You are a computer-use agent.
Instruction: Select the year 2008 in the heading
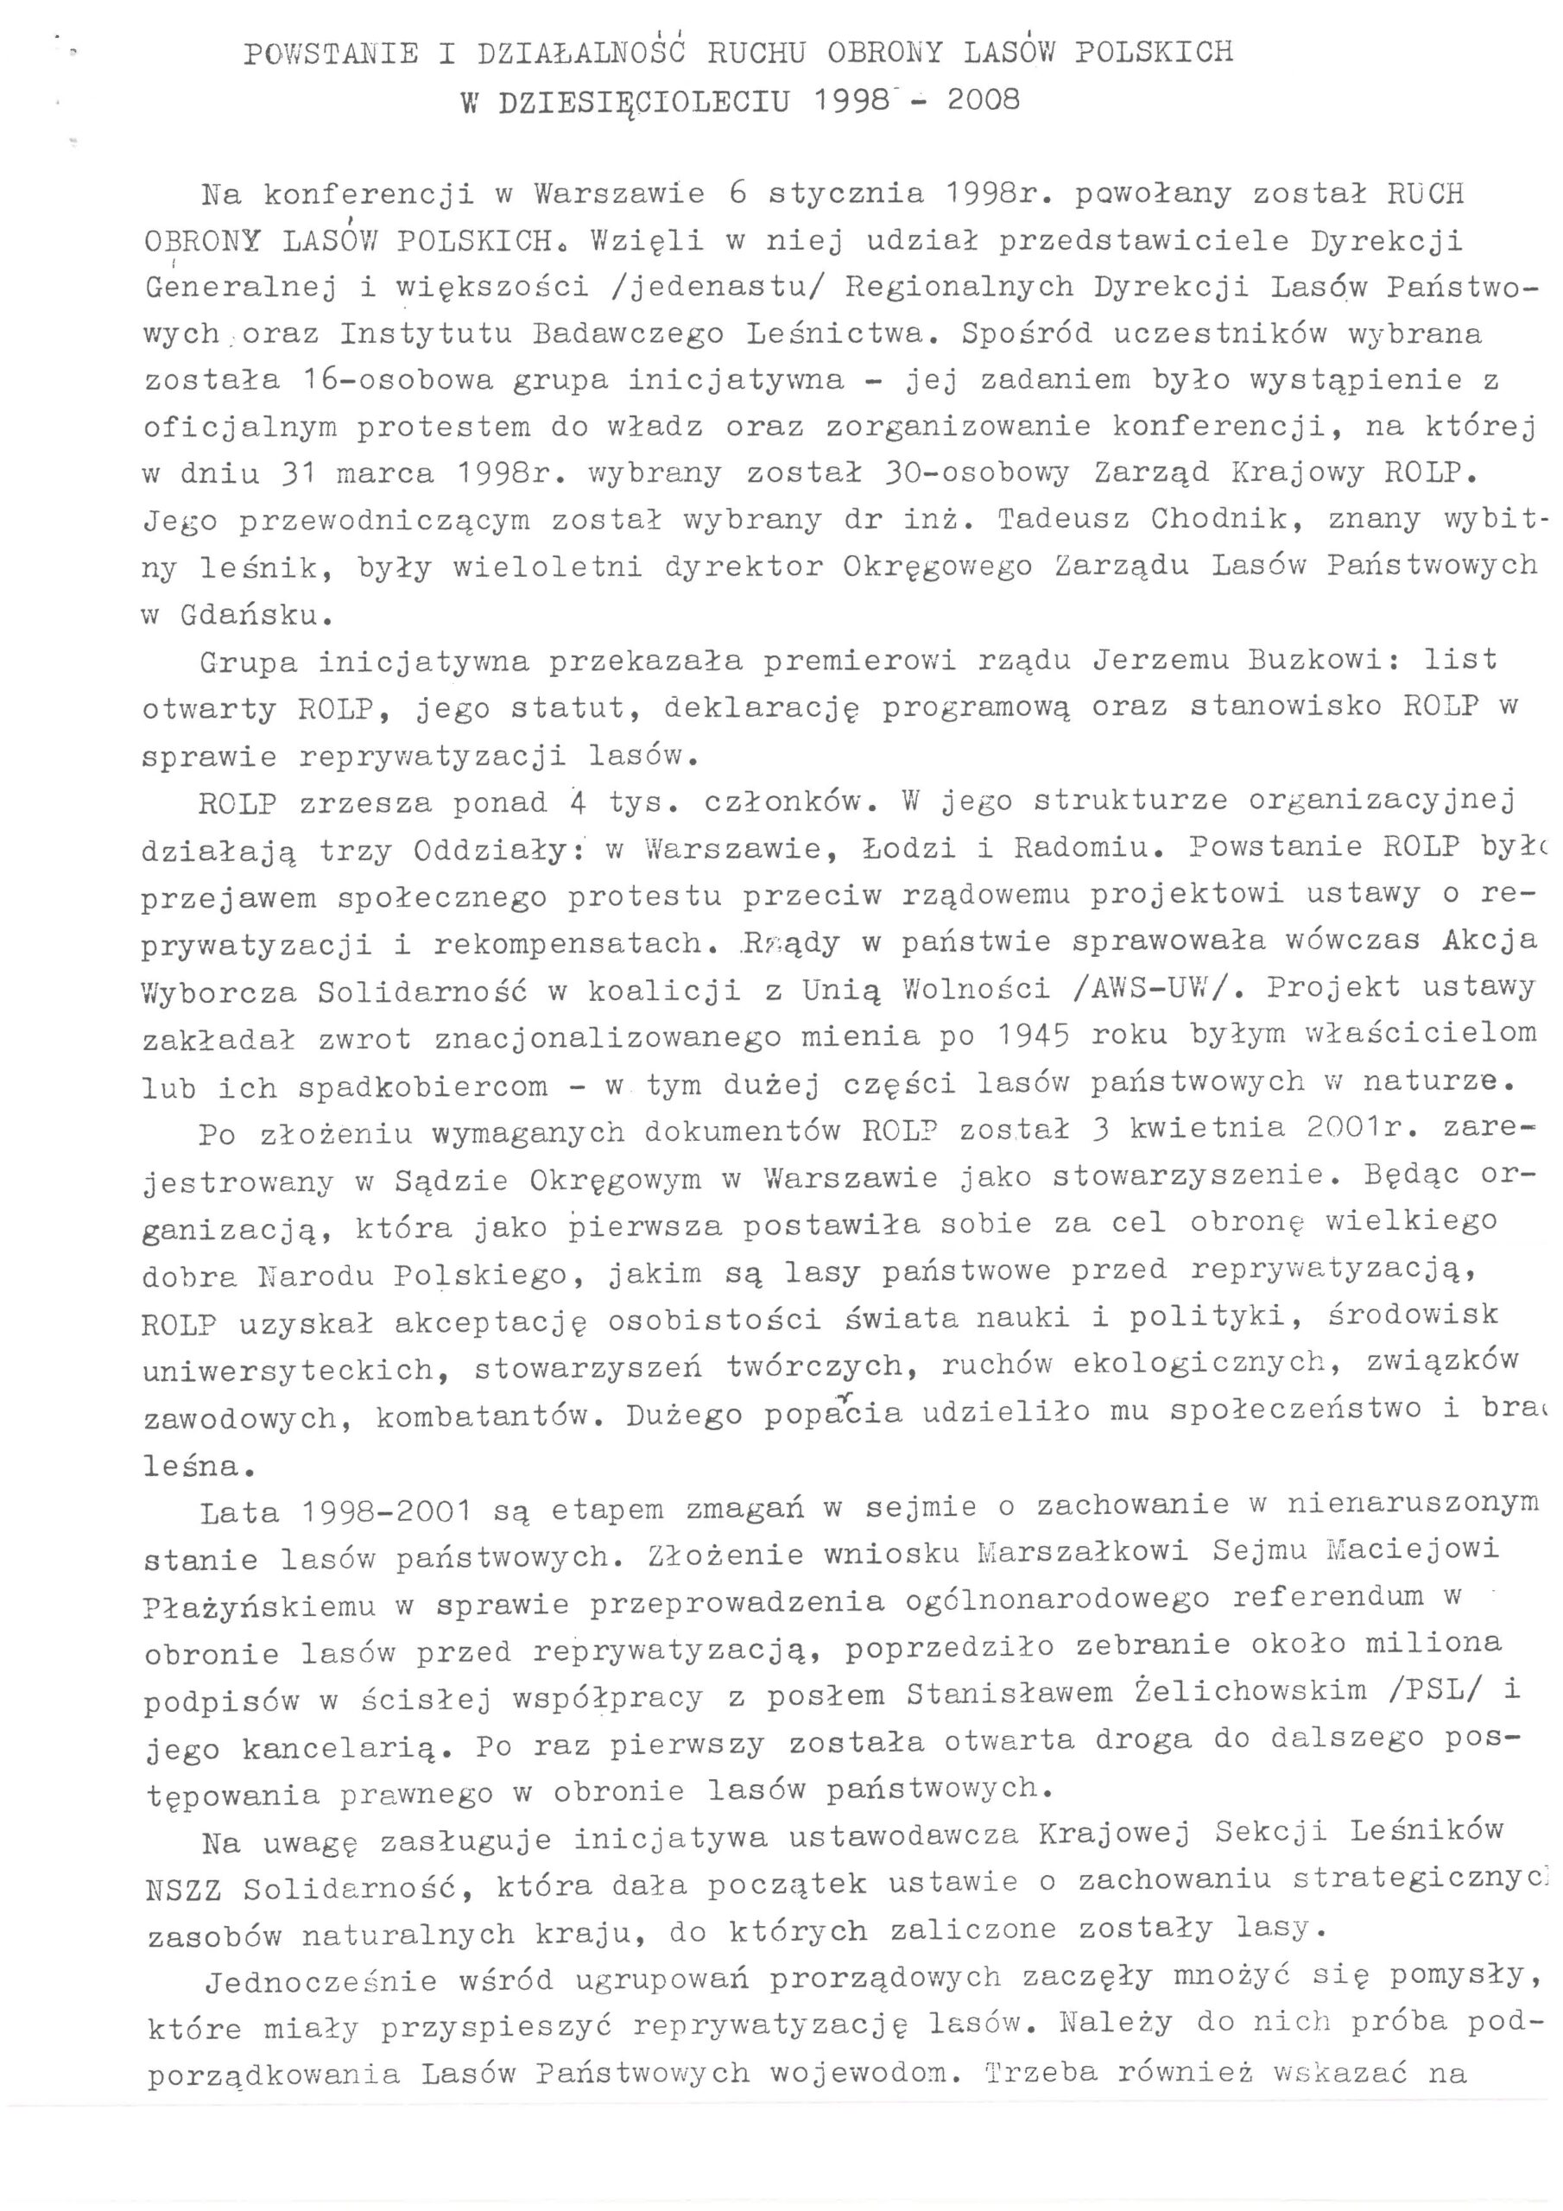coord(984,100)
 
